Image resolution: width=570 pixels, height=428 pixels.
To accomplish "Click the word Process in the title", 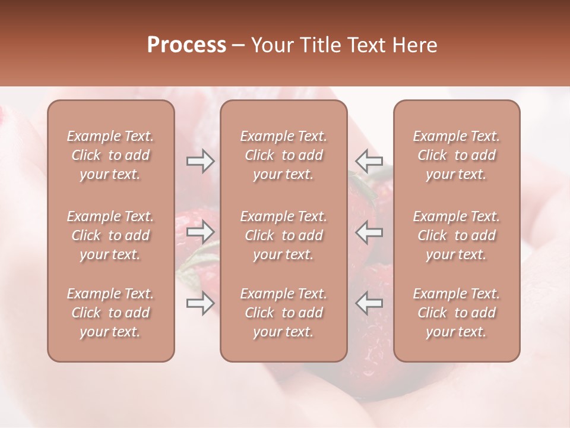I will pos(186,45).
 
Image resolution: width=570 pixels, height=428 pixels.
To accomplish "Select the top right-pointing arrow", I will pos(200,161).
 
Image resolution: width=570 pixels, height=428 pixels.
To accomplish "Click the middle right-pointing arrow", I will pos(200,232).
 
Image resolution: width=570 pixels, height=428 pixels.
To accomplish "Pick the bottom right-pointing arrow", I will pos(200,303).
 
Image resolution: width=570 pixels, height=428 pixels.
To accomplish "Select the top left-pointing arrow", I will pos(369,161).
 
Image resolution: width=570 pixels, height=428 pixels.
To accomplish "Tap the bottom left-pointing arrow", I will pos(369,303).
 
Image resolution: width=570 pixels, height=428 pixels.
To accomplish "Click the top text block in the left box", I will pos(110,155).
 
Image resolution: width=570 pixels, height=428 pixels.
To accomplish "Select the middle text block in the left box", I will pos(110,235).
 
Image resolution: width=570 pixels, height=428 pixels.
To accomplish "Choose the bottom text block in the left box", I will pos(110,313).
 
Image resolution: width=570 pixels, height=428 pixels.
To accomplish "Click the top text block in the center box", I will pos(284,155).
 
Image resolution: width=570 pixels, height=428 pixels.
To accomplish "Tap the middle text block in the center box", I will pos(284,235).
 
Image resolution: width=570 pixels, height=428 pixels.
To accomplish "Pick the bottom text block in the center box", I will pos(284,313).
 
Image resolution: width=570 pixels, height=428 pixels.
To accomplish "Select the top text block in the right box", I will pos(457,155).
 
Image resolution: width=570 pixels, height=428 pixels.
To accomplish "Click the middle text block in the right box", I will pos(457,235).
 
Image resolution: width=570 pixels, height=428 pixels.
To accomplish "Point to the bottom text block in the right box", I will pos(457,313).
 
